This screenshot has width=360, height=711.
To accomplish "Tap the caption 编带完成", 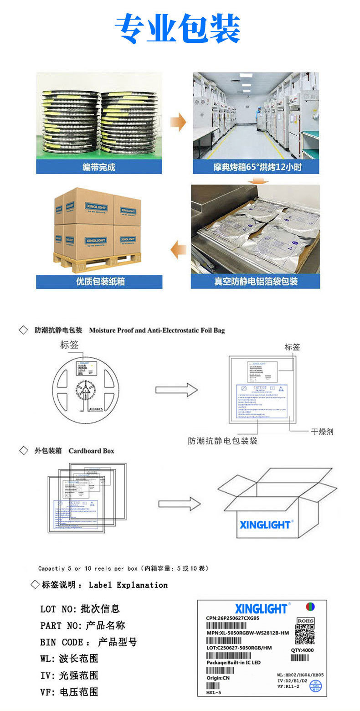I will coord(99,167).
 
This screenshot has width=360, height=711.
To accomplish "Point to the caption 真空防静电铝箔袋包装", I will coord(256,282).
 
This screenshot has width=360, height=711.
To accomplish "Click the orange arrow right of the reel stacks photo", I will coord(178,123).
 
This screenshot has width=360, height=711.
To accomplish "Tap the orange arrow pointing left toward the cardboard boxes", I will coord(178,249).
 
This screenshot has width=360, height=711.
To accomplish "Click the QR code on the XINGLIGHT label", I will coord(304,634).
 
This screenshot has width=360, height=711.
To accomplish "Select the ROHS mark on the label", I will coord(305,621).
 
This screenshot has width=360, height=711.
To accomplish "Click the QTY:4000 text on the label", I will coord(302,650).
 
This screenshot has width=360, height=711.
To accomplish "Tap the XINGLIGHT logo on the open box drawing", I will coord(265,525).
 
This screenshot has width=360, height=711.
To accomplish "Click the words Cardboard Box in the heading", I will coord(91,451).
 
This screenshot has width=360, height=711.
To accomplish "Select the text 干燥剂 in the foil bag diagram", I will coord(322,431).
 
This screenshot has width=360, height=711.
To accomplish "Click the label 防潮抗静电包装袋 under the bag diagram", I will coord(223,441).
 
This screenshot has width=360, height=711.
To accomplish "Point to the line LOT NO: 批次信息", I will coord(80,608).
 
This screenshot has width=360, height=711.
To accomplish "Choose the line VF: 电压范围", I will coord(69,692).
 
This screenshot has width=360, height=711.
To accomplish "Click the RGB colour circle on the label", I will coord(310,607).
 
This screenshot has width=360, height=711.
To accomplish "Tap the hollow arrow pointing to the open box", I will coord(179,504).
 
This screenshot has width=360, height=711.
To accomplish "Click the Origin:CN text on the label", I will coord(218,678).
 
